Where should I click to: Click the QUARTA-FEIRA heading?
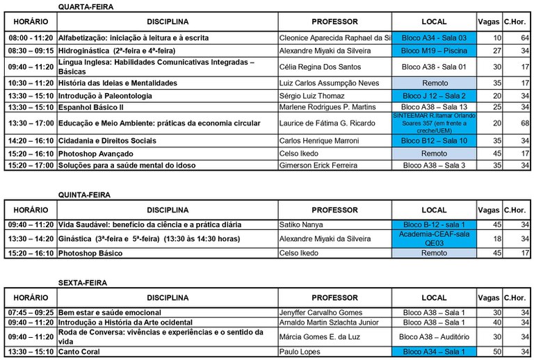point(86,6)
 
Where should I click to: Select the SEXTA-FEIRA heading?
point(83,284)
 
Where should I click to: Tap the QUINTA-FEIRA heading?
point(84,195)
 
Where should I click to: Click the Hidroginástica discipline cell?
point(117,51)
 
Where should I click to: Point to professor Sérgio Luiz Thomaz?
point(313,95)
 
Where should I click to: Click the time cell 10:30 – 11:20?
point(31,83)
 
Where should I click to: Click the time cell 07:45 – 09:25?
point(31,313)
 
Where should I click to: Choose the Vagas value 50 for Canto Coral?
point(496,352)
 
